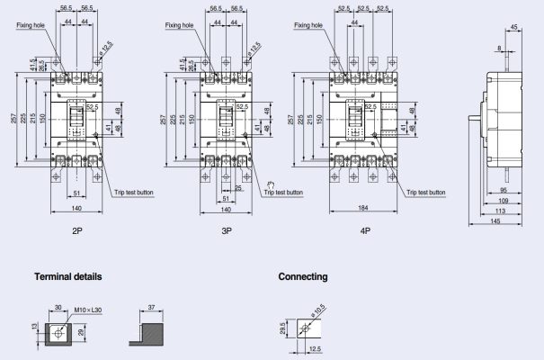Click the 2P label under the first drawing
(x=79, y=229)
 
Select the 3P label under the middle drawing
(x=226, y=229)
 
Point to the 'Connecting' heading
(x=303, y=276)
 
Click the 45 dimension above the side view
(x=513, y=27)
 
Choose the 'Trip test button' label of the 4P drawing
(x=425, y=192)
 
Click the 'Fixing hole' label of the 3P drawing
(x=179, y=25)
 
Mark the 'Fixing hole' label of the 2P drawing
(x=31, y=25)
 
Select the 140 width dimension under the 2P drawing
(x=78, y=209)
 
